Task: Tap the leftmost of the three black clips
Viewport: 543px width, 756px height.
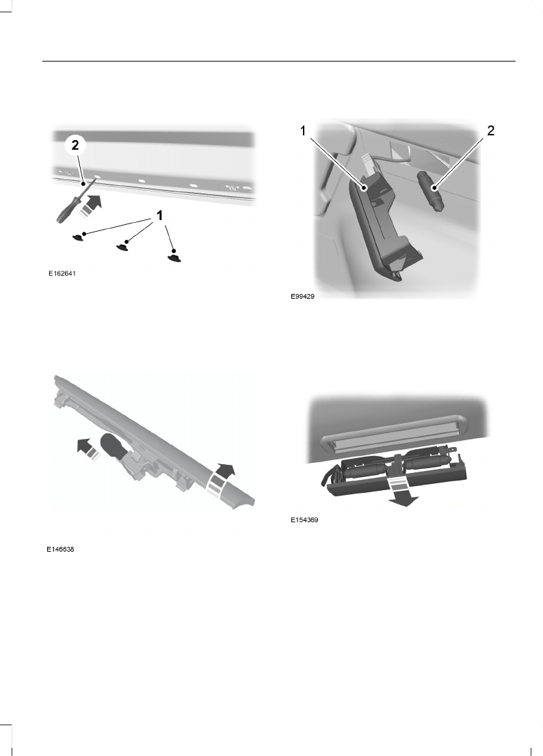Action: pyautogui.click(x=81, y=237)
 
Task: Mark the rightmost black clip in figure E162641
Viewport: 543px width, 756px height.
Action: pyautogui.click(x=175, y=257)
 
